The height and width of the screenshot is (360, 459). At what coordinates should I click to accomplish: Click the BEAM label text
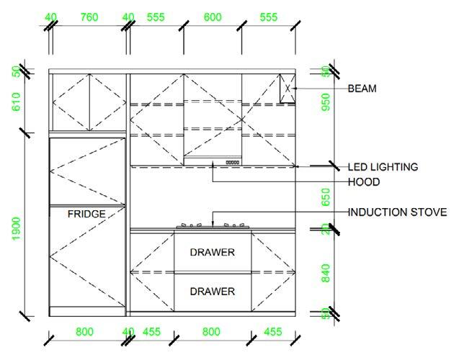click(x=362, y=89)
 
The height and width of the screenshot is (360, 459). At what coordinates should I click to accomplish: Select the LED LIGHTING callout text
click(x=383, y=166)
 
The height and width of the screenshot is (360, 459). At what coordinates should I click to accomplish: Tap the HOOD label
click(x=363, y=182)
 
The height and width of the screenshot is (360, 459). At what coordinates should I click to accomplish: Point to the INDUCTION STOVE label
click(x=396, y=212)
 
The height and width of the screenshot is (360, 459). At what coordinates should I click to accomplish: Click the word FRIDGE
click(x=86, y=214)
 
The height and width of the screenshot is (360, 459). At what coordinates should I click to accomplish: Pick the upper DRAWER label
click(x=212, y=252)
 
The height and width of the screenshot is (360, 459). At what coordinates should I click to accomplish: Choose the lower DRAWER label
click(x=212, y=292)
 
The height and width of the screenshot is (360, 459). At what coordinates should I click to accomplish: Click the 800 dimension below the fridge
click(x=85, y=332)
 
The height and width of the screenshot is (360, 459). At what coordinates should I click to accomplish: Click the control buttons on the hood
click(x=232, y=162)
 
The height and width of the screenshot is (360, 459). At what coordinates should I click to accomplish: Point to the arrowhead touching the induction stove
click(x=214, y=225)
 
